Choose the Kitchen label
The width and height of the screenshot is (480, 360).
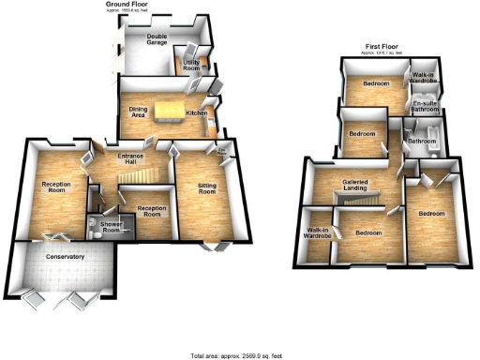[196, 112]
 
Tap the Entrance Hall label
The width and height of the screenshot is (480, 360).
[122, 158]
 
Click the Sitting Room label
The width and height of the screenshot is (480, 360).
[206, 190]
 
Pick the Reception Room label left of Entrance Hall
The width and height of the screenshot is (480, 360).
[56, 188]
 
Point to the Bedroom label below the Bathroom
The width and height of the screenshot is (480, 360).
[431, 214]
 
